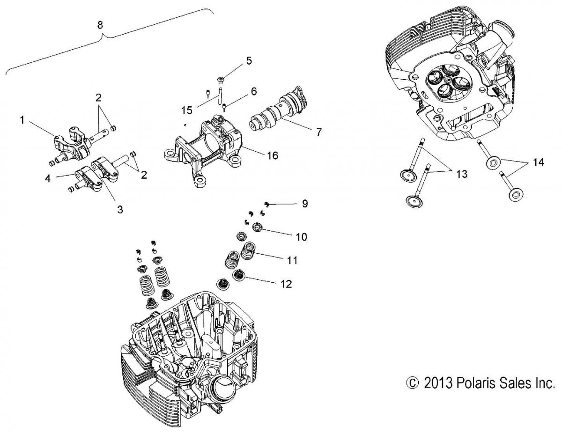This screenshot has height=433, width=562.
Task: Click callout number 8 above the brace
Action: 100,25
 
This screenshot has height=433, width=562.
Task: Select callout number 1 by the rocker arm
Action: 22,120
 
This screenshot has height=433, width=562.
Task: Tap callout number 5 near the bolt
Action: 248,60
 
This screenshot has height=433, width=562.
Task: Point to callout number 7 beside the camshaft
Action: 318,132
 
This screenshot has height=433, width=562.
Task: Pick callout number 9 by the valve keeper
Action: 304,204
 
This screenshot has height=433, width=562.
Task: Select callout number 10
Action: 301,237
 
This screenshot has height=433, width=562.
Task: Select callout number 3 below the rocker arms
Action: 120,210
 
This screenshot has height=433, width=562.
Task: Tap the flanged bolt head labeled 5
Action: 223,80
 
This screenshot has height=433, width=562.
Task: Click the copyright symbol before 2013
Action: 412,384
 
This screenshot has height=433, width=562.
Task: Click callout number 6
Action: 253,92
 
